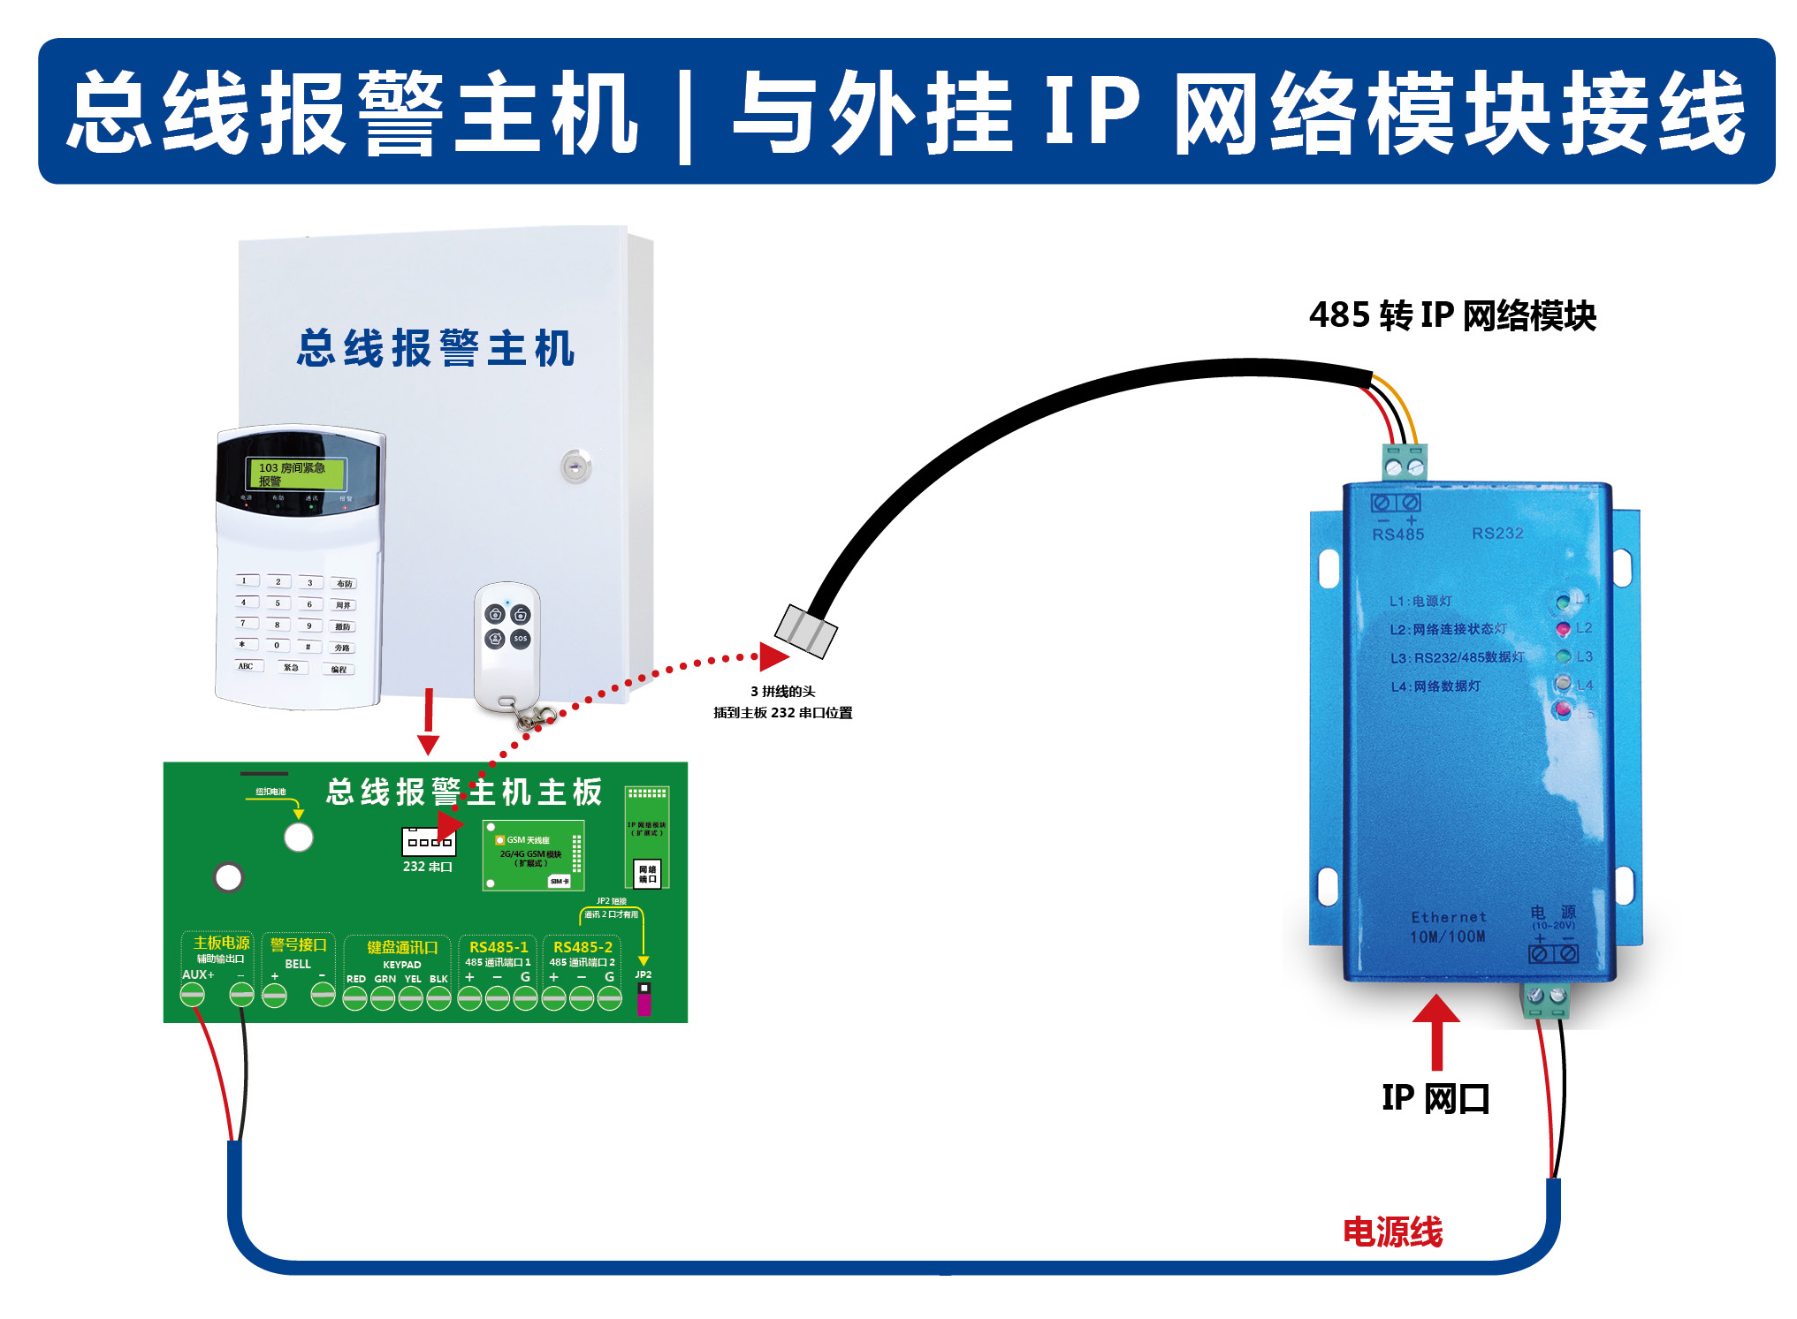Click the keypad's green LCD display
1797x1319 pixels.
[x=296, y=474]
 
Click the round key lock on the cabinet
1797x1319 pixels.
[x=575, y=466]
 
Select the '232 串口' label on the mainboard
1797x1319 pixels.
[x=428, y=867]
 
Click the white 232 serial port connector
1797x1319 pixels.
[x=429, y=841]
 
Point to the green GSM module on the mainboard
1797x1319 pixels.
[x=533, y=854]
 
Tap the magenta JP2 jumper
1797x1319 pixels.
[x=643, y=1002]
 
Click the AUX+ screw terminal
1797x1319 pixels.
[x=192, y=996]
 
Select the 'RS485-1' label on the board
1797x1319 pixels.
[x=499, y=947]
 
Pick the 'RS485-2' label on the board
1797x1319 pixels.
[x=583, y=947]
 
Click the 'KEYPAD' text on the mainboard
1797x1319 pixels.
[x=402, y=965]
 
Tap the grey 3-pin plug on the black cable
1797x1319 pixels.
[x=805, y=631]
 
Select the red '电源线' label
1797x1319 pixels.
[x=1392, y=1232]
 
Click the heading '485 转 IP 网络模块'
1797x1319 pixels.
[x=1452, y=315]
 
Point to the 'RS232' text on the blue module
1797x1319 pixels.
[x=1497, y=534]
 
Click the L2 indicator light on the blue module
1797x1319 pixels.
[x=1563, y=629]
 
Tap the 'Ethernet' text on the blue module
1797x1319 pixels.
[x=1449, y=917]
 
